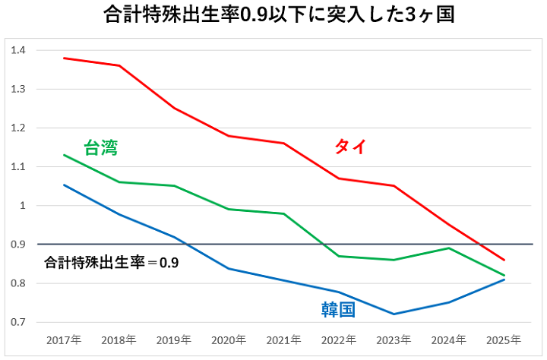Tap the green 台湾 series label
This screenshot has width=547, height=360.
point(101,147)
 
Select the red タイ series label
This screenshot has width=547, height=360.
point(350,147)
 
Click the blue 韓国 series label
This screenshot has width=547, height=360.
point(338,310)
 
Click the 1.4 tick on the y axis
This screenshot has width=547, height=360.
point(18,50)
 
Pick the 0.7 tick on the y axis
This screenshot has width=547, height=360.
point(18,322)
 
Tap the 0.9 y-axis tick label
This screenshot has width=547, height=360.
point(18,245)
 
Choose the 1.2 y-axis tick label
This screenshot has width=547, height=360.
point(18,128)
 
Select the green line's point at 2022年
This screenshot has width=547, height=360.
point(340,256)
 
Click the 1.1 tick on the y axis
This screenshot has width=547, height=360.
point(18,167)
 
